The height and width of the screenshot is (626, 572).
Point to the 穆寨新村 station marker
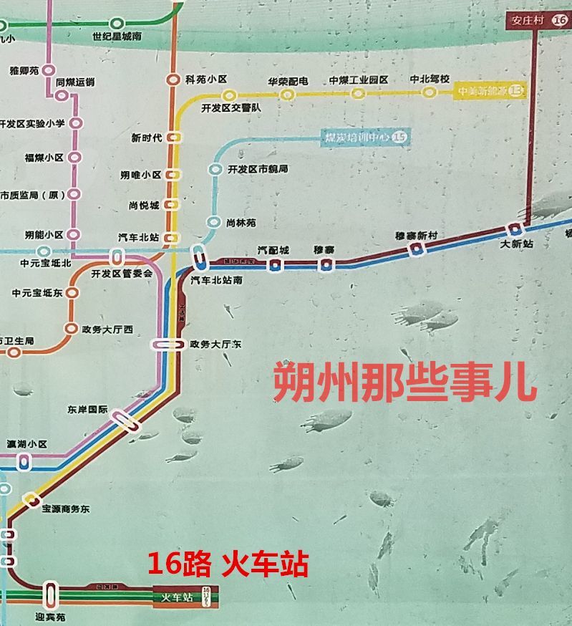tap(416, 249)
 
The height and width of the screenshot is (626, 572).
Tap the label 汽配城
tap(273, 250)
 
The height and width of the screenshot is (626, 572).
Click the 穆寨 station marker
tap(326, 265)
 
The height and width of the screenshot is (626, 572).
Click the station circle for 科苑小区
tap(173, 80)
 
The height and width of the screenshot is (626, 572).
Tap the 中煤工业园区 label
tap(358, 80)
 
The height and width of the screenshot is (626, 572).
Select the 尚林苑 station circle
tap(213, 222)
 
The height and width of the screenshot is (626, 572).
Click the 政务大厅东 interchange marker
tap(168, 345)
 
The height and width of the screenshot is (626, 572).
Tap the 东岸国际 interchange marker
tap(124, 420)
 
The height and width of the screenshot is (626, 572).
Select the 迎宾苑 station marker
tap(50, 594)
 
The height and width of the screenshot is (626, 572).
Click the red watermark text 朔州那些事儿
tap(404, 382)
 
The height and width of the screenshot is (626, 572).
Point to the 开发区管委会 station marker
tap(117, 257)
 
